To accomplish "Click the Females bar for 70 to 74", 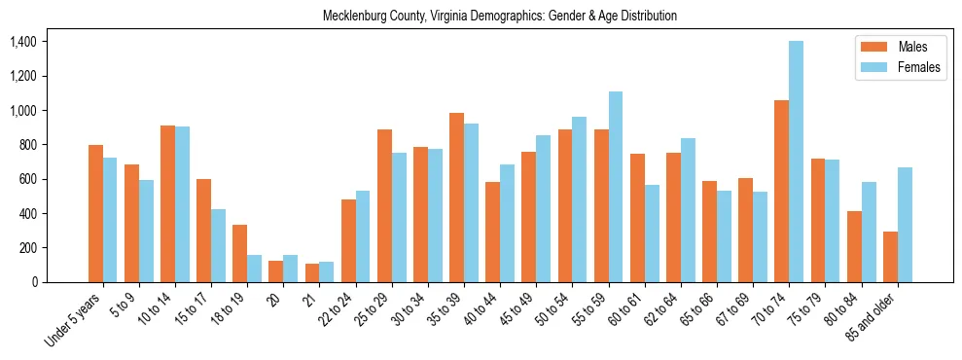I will pyautogui.click(x=797, y=162).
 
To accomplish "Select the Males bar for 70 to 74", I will pyautogui.click(x=781, y=191).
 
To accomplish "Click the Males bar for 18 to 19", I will pyautogui.click(x=239, y=253).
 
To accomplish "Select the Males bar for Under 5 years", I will pyautogui.click(x=95, y=213).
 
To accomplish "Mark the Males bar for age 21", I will pyautogui.click(x=312, y=272).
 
